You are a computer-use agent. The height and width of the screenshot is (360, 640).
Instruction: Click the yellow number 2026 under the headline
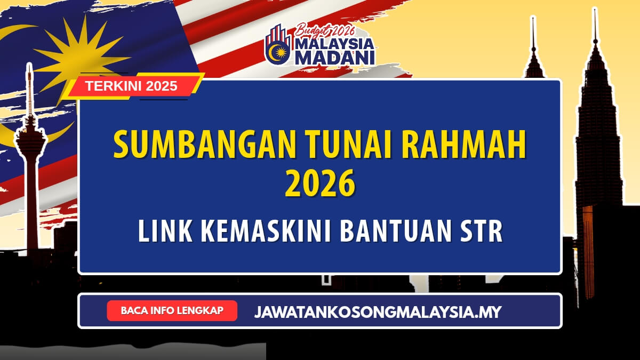pyautogui.click(x=320, y=185)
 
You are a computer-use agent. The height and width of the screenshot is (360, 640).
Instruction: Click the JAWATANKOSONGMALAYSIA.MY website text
pyautogui.click(x=378, y=311)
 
